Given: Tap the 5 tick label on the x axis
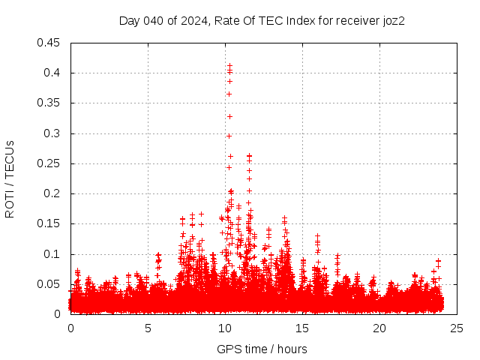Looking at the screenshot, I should point(148,328).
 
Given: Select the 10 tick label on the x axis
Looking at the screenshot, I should point(225,328).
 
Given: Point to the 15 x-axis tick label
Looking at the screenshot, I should point(302,328).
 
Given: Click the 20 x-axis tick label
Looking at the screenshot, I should point(379,328).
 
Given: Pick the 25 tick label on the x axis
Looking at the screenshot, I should point(457,328).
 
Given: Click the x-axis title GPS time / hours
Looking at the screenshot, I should point(262,349).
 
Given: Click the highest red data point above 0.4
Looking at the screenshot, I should point(229,65).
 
